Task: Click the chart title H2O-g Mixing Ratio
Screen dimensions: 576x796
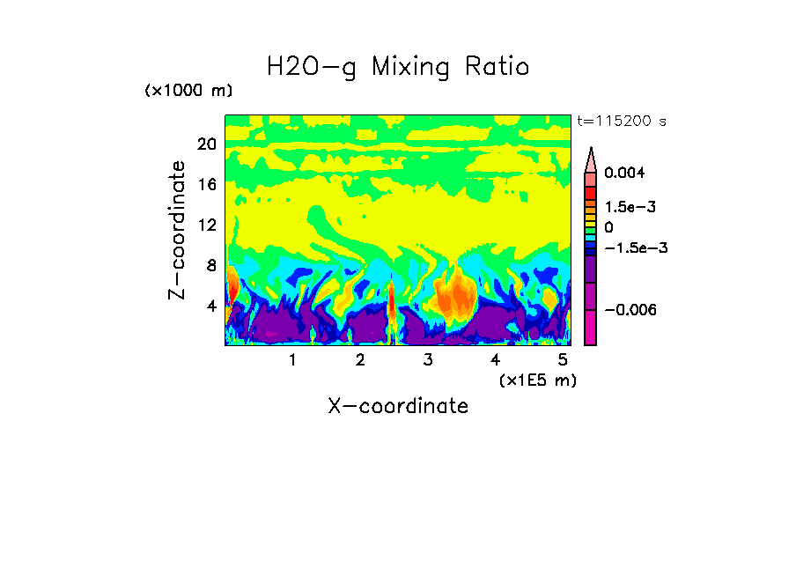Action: pyautogui.click(x=398, y=67)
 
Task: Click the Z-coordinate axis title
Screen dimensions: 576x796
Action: pyautogui.click(x=177, y=230)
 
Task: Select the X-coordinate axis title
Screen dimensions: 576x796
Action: pyautogui.click(x=398, y=406)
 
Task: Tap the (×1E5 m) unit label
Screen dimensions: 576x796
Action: pyautogui.click(x=538, y=380)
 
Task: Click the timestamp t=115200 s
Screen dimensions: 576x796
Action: pyautogui.click(x=620, y=122)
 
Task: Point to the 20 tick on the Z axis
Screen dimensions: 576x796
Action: pyautogui.click(x=206, y=144)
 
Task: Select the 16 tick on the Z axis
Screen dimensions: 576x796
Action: pyautogui.click(x=206, y=185)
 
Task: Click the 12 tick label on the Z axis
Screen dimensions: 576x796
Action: pyautogui.click(x=206, y=225)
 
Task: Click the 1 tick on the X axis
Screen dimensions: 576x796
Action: pyautogui.click(x=292, y=360)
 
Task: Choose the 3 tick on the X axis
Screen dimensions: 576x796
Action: pyautogui.click(x=428, y=360)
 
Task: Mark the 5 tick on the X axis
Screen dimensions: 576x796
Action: pyautogui.click(x=563, y=360)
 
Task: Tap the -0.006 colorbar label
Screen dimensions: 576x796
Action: pyautogui.click(x=630, y=310)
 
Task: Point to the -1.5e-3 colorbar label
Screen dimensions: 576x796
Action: pyautogui.click(x=634, y=247)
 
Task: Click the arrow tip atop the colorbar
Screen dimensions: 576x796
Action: pyautogui.click(x=590, y=151)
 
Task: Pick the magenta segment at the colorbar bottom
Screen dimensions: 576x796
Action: pyautogui.click(x=590, y=335)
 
